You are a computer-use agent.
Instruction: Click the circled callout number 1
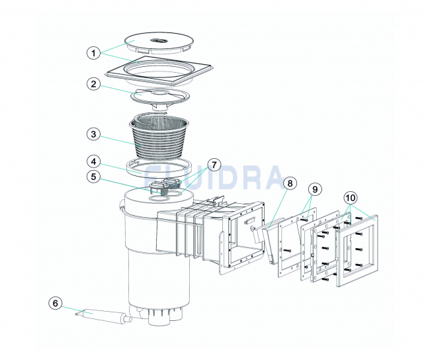point(94,53)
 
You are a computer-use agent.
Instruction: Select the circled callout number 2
point(94,84)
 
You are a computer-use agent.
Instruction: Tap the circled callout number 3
point(94,134)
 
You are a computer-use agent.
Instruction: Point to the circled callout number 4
point(94,161)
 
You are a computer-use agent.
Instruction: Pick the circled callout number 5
point(94,177)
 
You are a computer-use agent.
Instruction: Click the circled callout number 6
point(56,304)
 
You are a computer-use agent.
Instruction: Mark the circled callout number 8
point(290,183)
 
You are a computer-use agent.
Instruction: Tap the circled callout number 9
point(315,189)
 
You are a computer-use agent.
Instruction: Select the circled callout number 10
point(351,198)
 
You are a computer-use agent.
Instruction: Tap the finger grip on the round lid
point(159,41)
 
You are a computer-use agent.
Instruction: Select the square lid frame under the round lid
point(159,71)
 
